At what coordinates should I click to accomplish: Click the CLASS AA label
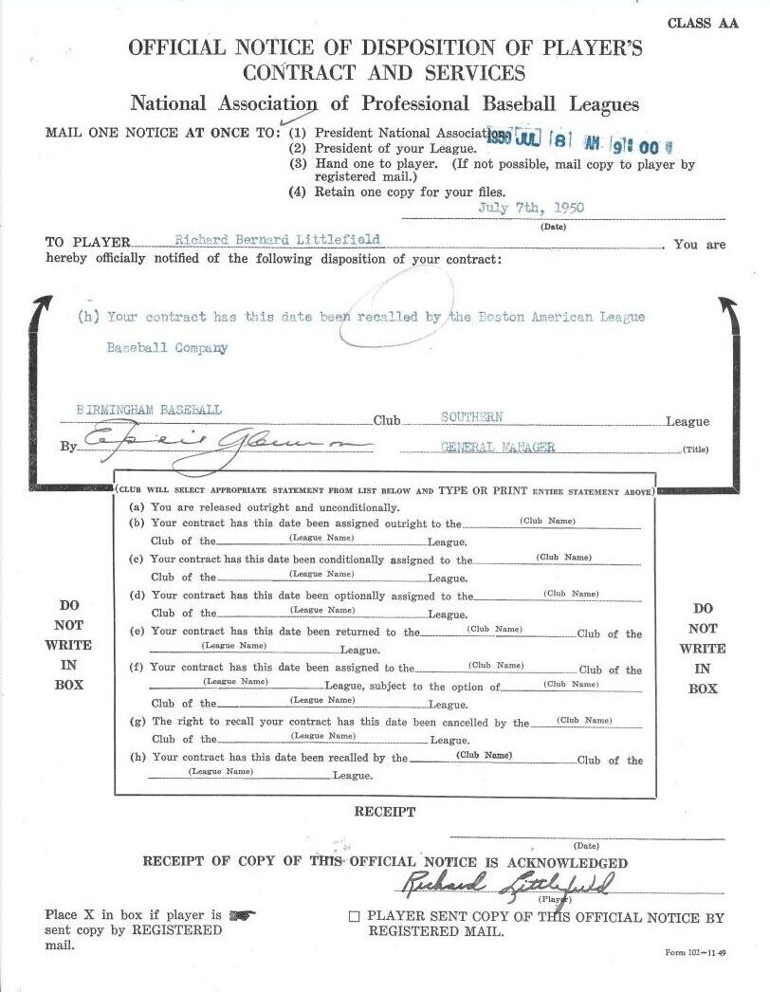click(702, 24)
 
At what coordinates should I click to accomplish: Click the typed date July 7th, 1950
click(532, 208)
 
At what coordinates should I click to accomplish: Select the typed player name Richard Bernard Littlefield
click(278, 241)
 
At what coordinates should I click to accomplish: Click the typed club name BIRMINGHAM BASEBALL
click(149, 410)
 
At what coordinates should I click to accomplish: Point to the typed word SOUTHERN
click(472, 416)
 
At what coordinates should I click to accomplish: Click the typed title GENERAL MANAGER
click(498, 447)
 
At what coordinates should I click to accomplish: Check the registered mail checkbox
click(354, 917)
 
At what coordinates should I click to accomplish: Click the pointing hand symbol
click(243, 915)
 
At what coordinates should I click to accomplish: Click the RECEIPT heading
click(384, 812)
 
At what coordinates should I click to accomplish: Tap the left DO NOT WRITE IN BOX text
click(69, 645)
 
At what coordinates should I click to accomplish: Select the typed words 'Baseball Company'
click(167, 347)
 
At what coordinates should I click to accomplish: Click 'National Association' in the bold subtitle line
click(224, 104)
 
